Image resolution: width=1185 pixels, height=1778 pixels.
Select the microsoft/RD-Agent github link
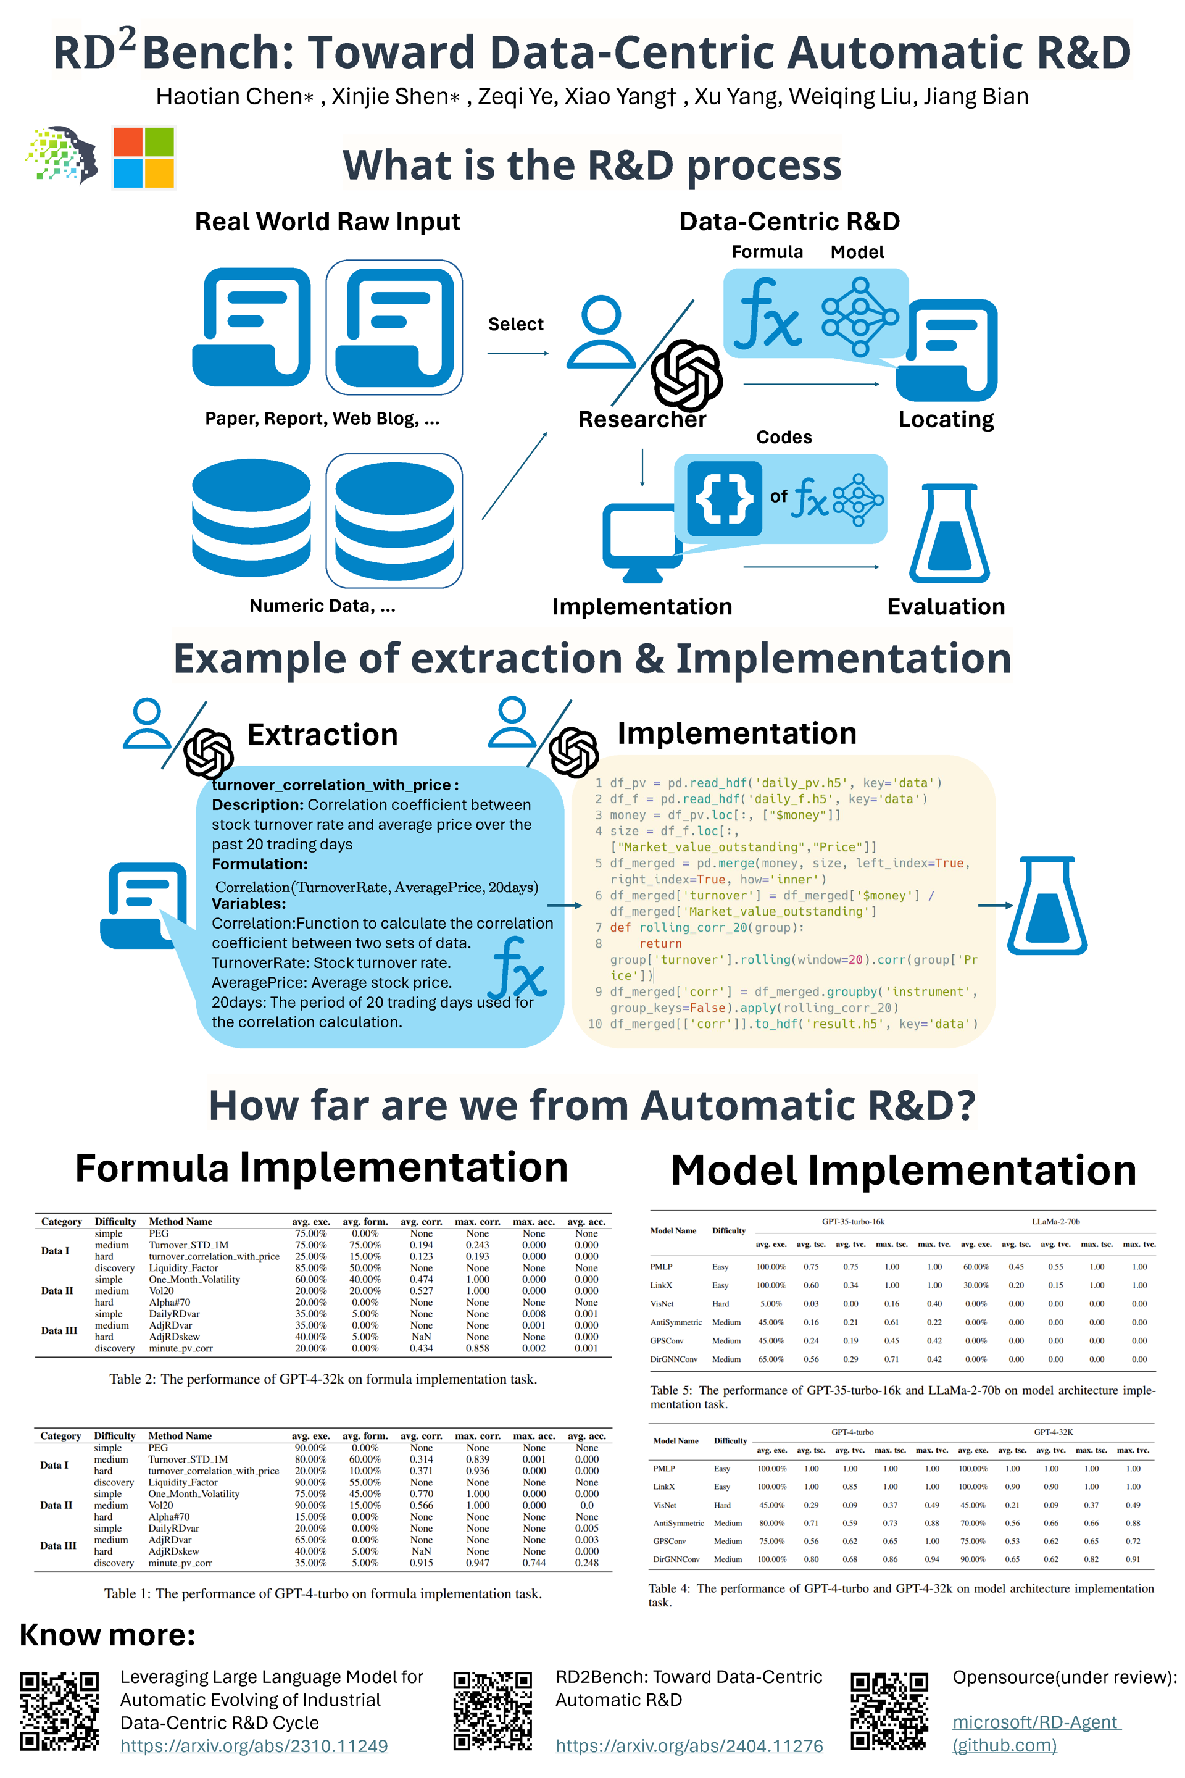point(1036,1733)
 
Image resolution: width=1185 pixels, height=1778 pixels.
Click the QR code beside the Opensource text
point(889,1711)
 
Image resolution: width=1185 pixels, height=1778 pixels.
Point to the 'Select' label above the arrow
point(515,324)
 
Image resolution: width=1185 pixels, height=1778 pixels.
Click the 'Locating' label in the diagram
point(946,419)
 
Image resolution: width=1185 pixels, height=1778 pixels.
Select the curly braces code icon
point(724,498)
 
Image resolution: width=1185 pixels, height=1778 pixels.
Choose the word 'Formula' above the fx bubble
point(767,252)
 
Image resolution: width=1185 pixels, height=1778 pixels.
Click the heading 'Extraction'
point(323,735)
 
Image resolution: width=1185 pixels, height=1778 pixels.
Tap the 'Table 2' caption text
point(323,1379)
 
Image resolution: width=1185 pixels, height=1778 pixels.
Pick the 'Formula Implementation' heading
point(321,1168)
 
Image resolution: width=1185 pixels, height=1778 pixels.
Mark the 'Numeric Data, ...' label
point(323,606)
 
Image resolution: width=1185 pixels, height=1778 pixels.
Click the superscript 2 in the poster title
point(127,38)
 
